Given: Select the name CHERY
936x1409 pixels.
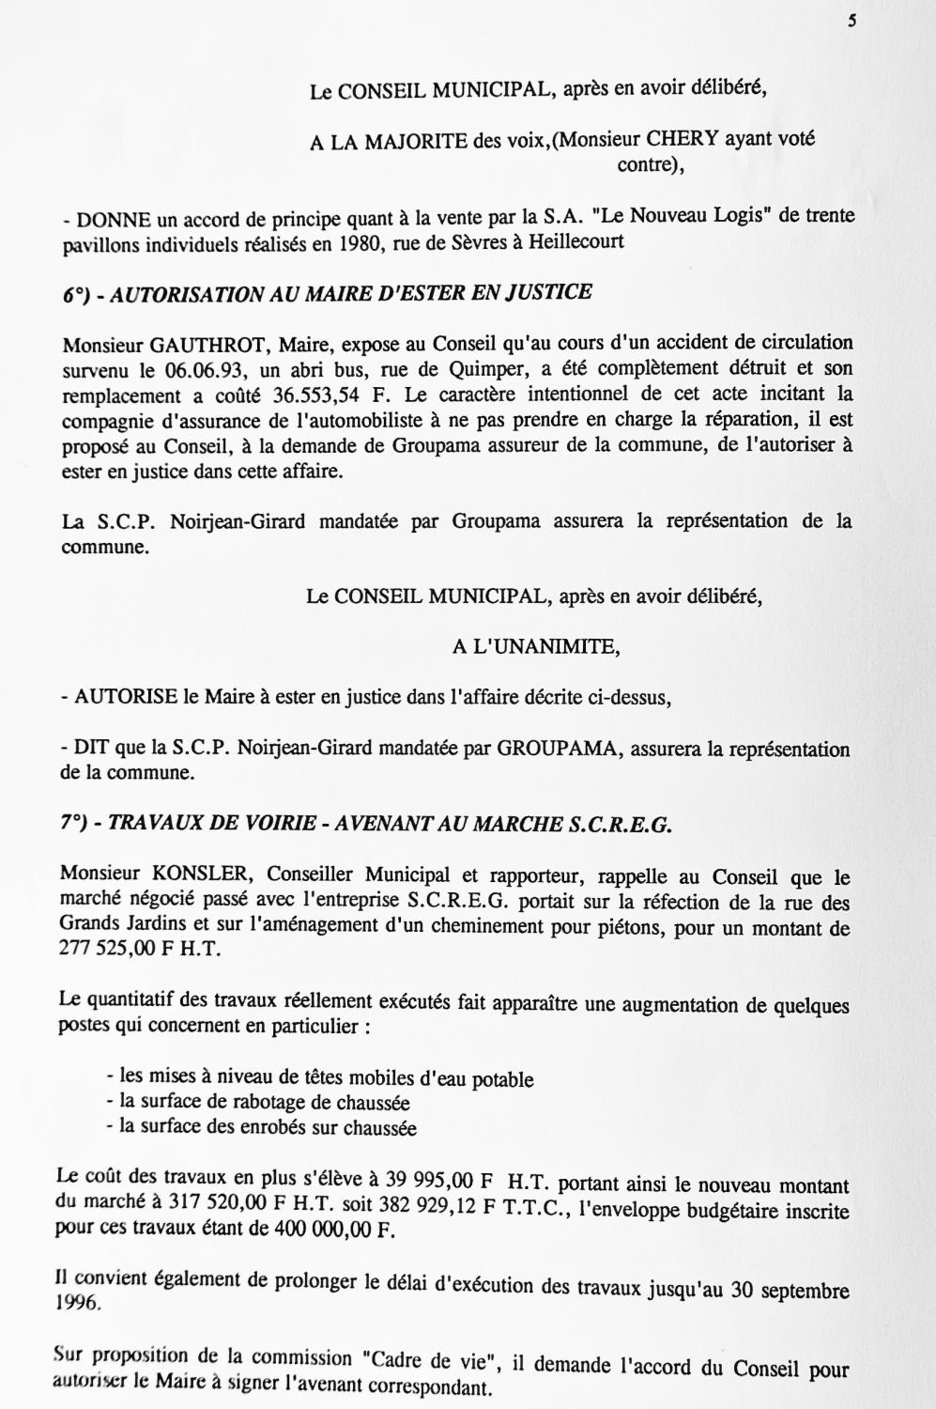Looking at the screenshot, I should [683, 139].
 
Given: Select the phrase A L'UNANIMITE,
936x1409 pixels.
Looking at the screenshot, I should [536, 646].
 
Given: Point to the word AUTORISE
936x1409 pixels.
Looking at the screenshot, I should [126, 697].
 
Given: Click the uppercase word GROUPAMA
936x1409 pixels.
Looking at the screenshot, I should [559, 750].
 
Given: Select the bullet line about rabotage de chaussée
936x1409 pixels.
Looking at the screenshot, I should [258, 1103].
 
